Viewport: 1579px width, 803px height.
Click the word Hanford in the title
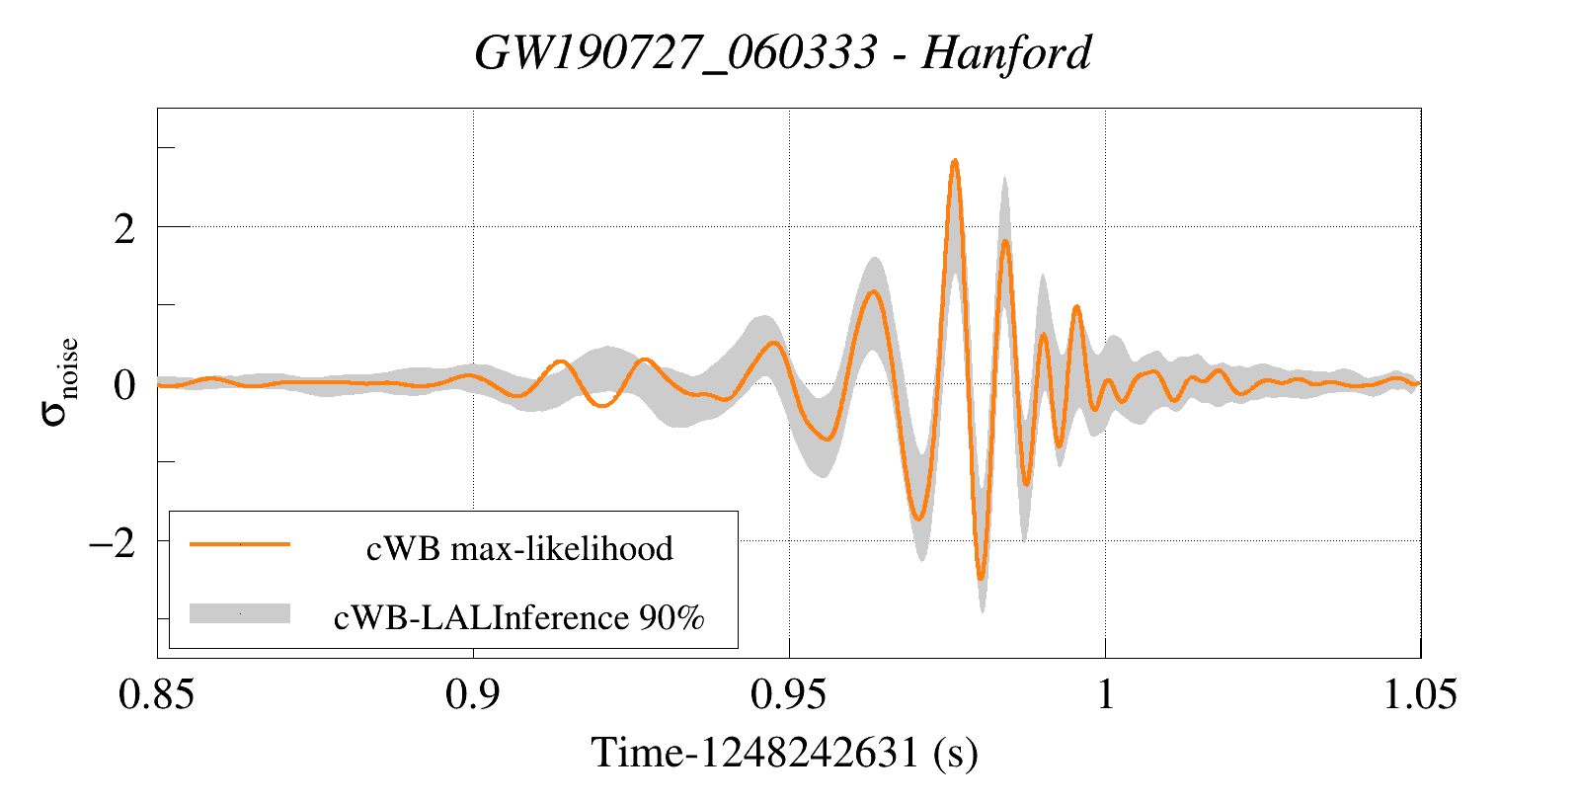click(1006, 53)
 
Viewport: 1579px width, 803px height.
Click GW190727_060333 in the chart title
click(675, 53)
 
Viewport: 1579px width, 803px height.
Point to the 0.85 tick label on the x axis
click(156, 695)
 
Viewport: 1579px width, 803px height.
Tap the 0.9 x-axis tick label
click(473, 695)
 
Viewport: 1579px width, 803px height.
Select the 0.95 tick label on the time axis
click(788, 695)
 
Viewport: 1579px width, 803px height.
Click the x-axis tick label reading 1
click(1105, 695)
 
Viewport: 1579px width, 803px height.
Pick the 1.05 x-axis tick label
click(1420, 695)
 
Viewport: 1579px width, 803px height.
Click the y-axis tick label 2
click(123, 229)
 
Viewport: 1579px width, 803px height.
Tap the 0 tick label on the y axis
click(123, 385)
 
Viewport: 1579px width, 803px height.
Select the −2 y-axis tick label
click(112, 542)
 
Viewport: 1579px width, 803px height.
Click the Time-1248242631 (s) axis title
click(784, 754)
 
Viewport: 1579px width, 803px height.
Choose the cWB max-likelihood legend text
click(519, 548)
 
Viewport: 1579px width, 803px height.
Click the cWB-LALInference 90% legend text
click(519, 617)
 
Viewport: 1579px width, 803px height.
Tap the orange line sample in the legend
click(239, 544)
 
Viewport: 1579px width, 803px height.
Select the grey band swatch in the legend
click(239, 613)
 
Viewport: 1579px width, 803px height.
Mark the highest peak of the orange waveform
click(954, 161)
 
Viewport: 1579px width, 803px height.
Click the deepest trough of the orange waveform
click(981, 578)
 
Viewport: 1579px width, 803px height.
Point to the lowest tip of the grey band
click(982, 611)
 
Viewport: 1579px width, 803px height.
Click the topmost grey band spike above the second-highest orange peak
click(1005, 179)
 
